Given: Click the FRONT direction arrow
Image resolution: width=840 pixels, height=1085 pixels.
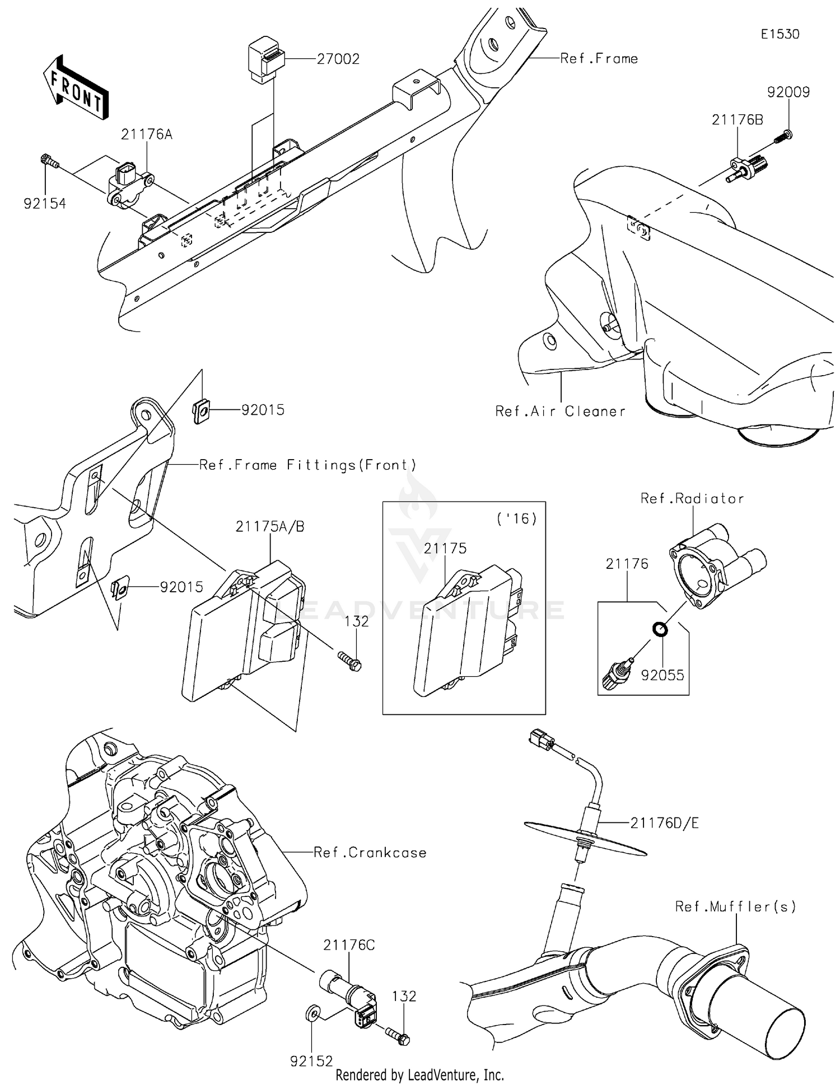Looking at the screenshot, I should pos(76,88).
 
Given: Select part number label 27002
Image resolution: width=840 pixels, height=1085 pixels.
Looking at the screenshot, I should pos(338,59).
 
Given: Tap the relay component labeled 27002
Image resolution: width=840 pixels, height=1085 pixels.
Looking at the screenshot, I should pos(265,59).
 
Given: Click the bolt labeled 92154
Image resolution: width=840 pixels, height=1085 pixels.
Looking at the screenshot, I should pos(49,161).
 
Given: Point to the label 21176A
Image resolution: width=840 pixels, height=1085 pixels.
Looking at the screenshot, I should pos(147,134).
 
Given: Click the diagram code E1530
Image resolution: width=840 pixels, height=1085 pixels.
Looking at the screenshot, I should pos(780,34).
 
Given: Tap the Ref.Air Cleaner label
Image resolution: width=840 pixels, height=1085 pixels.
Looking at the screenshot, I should pos(560,411).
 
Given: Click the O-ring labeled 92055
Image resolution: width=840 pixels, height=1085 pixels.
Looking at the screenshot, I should pos(660,629).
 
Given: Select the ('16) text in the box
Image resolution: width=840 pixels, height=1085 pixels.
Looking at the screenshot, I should pos(516,518).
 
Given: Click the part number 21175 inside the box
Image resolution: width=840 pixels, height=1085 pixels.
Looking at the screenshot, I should pos(445,549).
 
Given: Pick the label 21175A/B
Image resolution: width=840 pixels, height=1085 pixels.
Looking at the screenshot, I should pos(270,527).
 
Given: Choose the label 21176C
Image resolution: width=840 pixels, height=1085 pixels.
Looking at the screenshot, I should pos(348,945).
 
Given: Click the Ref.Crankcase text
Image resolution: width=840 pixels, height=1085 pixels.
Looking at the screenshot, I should pos(370,853).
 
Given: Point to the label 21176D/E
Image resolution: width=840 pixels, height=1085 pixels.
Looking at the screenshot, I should pos(664,823).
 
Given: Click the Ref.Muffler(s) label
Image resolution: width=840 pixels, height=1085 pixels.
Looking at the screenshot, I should pos(735,906).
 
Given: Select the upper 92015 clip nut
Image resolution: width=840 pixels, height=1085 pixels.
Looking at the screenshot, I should pos(202,411).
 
